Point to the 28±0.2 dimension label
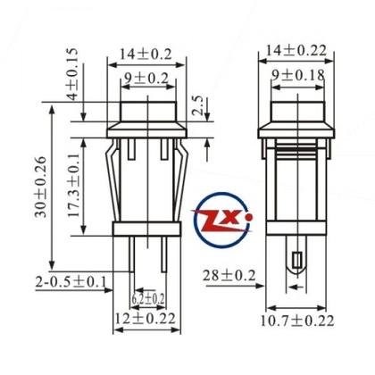point(229,273)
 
